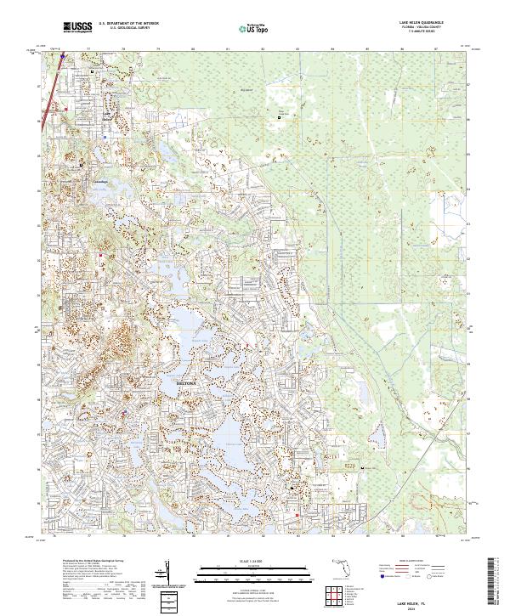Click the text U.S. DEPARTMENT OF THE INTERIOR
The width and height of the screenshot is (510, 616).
pos(128,23)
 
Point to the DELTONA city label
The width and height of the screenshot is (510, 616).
pos(185,384)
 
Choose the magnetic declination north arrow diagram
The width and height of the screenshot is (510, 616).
pos(171,573)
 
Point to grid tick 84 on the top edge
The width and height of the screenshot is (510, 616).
pos(331,49)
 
